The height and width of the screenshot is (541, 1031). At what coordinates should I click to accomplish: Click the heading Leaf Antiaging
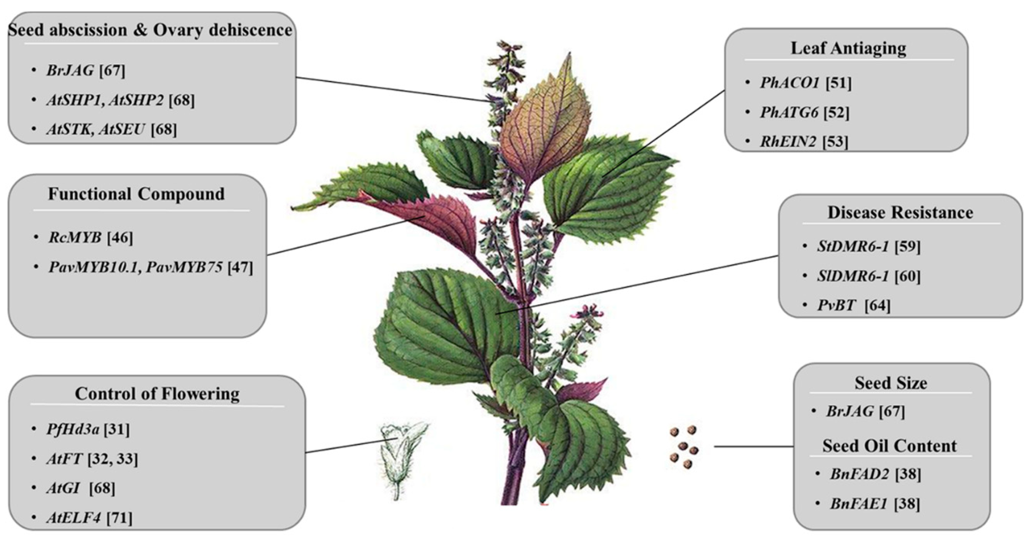(x=848, y=48)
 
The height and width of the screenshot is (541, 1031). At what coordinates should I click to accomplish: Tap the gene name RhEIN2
(x=788, y=142)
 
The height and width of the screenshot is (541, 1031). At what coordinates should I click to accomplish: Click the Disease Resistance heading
(x=900, y=213)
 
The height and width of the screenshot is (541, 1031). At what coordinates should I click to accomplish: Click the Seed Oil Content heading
(x=889, y=446)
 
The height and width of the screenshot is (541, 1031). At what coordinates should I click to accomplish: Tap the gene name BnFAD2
(x=859, y=474)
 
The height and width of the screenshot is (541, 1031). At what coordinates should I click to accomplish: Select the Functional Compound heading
(x=136, y=194)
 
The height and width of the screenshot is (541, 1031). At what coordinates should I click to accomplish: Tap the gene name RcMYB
(x=75, y=238)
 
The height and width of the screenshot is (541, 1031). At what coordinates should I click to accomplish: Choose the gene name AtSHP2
(x=136, y=100)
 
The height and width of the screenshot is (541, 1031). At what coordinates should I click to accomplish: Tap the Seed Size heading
(x=890, y=383)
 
